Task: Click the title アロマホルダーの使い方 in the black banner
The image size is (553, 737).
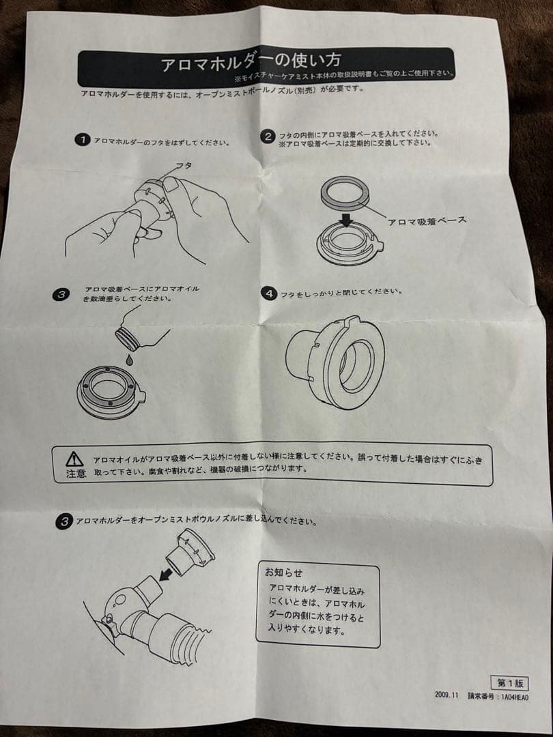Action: (249, 65)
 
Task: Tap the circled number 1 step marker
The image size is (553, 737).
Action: (82, 140)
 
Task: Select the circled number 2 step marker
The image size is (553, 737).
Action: (269, 136)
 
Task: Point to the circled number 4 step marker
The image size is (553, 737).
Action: (270, 293)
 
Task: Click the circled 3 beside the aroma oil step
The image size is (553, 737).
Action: (61, 294)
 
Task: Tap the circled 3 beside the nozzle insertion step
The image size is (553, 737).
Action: (64, 522)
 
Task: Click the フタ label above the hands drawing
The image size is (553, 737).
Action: (183, 166)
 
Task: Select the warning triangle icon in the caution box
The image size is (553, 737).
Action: (75, 459)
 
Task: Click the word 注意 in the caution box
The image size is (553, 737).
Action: (76, 474)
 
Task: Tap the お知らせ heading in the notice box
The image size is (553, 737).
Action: (283, 572)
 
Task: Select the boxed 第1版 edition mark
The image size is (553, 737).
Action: (509, 682)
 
